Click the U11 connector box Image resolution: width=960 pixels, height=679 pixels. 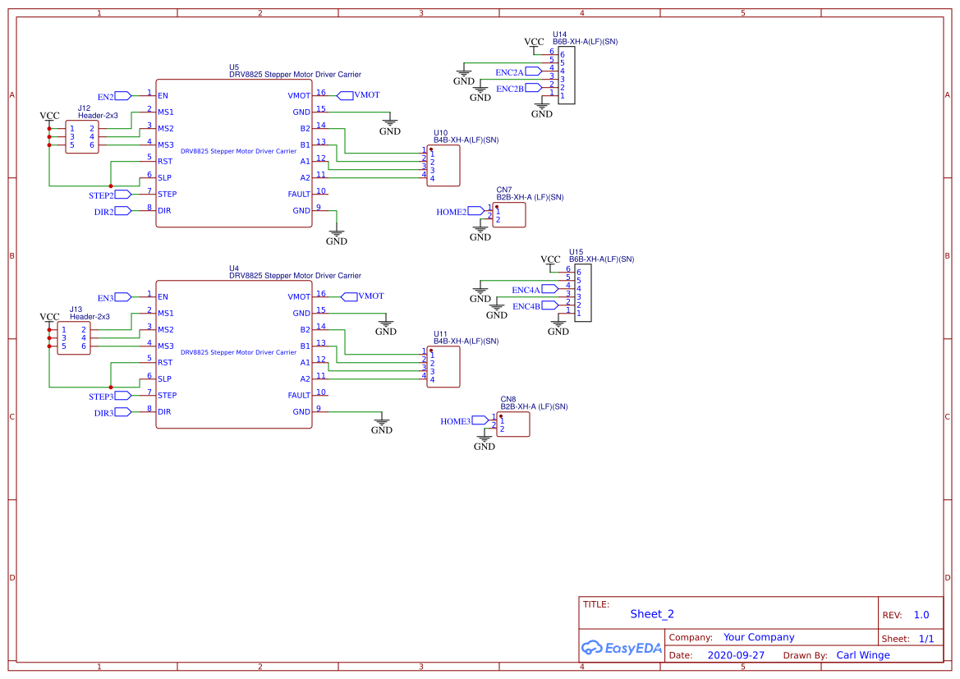(x=443, y=366)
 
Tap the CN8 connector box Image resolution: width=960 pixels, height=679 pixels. (x=513, y=424)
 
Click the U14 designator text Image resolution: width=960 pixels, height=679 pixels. (x=559, y=34)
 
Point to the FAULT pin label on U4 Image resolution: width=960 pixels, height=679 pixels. (x=299, y=395)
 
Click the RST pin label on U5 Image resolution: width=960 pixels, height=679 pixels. (x=165, y=161)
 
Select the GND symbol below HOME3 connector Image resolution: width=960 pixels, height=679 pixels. (x=485, y=443)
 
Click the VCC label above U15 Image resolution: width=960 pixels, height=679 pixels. (x=550, y=259)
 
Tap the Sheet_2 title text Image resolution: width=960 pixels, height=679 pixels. (x=652, y=614)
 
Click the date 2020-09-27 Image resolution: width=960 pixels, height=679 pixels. (x=736, y=655)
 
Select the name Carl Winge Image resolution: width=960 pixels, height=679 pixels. (x=863, y=655)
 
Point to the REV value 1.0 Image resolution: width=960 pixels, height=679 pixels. (x=921, y=615)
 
